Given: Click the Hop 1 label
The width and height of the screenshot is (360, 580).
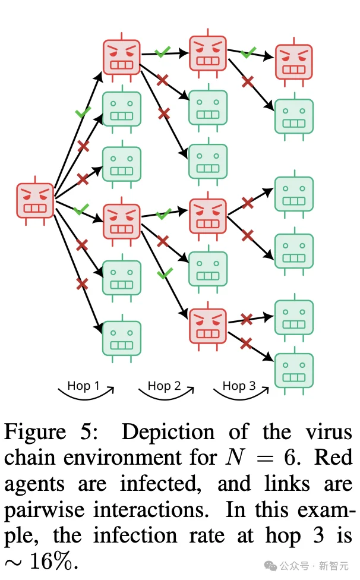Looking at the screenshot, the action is tap(84, 386).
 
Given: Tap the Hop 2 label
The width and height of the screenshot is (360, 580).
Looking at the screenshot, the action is tap(164, 386).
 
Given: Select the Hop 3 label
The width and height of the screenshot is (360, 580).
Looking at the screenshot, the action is tap(239, 386).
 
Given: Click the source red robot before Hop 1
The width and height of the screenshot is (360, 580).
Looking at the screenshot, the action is tap(35, 200).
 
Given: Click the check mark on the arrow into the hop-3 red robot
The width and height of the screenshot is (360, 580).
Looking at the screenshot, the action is tap(248, 52).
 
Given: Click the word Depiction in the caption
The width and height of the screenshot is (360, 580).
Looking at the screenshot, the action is tap(168, 432).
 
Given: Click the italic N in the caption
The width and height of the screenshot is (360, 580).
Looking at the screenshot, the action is tap(235, 457).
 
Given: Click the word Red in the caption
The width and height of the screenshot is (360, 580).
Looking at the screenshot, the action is tap(333, 457).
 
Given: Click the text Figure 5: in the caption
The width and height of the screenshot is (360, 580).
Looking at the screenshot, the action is tap(51, 432).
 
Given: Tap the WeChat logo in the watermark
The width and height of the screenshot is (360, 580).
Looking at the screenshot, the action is tap(270, 566).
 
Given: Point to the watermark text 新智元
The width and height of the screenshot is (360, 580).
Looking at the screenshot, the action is tap(334, 566).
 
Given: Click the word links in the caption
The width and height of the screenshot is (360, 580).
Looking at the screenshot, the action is tap(287, 484).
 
